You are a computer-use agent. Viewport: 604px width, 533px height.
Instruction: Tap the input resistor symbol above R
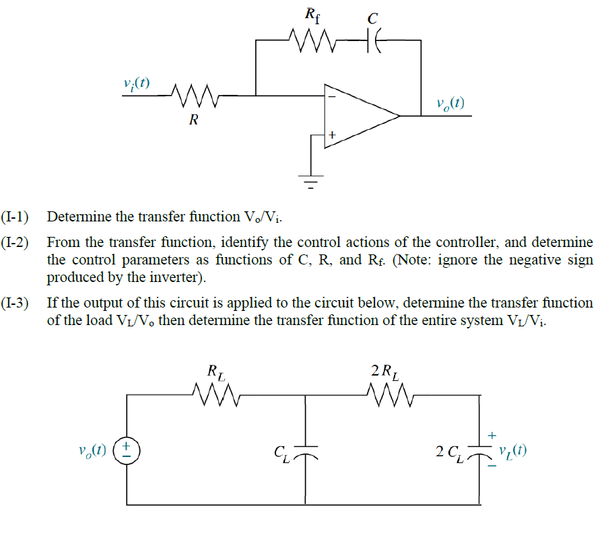point(193,96)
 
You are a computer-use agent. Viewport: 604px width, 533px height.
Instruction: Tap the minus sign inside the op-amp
point(331,97)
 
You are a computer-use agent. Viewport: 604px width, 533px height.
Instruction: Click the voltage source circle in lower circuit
point(126,450)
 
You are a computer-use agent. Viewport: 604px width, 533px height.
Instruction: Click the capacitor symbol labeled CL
point(306,450)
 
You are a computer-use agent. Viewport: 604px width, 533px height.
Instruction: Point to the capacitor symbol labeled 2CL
point(479,450)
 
